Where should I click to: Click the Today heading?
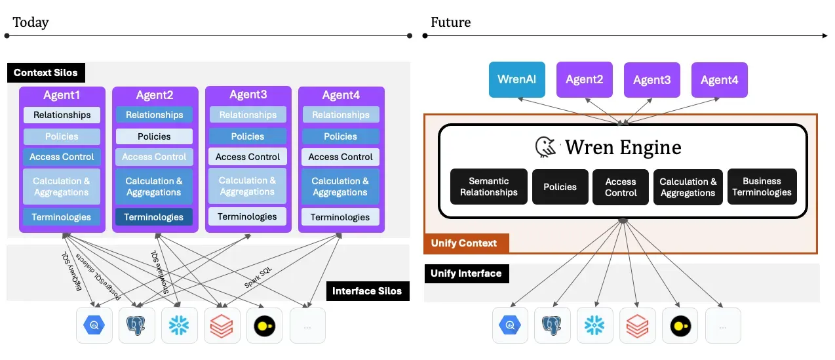[x=30, y=22]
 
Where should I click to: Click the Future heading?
[x=450, y=22]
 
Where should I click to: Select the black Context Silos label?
[x=46, y=72]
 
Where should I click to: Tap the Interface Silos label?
[x=367, y=291]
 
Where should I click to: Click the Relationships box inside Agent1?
[x=62, y=115]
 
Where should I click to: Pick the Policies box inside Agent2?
[x=155, y=136]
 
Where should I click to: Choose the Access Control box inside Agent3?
[x=248, y=157]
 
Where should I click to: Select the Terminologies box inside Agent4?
[x=340, y=217]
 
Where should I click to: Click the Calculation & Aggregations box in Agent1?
[x=62, y=186]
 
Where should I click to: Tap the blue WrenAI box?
[x=517, y=79]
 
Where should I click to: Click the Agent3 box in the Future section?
[x=651, y=80]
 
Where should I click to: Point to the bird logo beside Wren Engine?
[x=546, y=147]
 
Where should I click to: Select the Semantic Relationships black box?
[x=488, y=187]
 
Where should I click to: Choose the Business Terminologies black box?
[x=762, y=187]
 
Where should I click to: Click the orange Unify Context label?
[x=464, y=243]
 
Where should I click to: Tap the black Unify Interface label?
[x=466, y=273]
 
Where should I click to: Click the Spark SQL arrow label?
[x=259, y=278]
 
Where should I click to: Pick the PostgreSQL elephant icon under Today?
[x=136, y=325]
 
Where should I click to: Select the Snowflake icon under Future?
[x=594, y=325]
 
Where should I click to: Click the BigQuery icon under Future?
[x=511, y=325]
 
